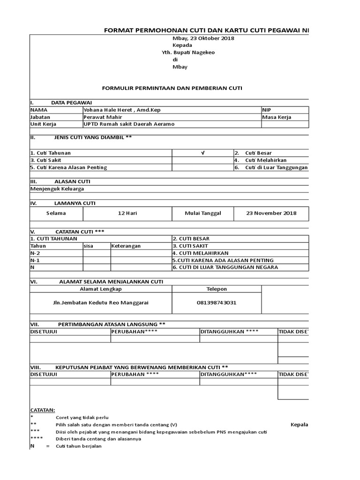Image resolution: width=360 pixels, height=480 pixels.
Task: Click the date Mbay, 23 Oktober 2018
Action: coord(203,38)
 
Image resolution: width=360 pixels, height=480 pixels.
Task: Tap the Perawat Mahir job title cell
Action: coord(101,117)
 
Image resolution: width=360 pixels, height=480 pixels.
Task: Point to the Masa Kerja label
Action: coord(277,117)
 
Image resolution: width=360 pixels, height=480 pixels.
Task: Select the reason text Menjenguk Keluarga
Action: coord(57,189)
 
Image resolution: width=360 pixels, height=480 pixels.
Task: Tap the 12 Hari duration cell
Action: coord(127,213)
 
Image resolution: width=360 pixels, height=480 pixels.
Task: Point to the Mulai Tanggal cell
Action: coord(202,213)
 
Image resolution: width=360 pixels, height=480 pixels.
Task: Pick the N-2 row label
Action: coord(35,253)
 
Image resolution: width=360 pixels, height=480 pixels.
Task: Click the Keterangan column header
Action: coord(126,246)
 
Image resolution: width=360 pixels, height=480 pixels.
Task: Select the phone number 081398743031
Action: coord(216,303)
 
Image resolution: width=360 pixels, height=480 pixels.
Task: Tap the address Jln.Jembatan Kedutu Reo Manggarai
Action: coord(101,303)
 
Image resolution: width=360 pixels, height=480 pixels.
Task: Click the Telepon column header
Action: coord(216,289)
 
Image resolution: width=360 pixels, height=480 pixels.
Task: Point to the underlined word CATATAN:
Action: coord(42,410)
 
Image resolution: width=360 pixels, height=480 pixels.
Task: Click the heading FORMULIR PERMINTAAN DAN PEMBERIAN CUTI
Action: coord(172,88)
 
